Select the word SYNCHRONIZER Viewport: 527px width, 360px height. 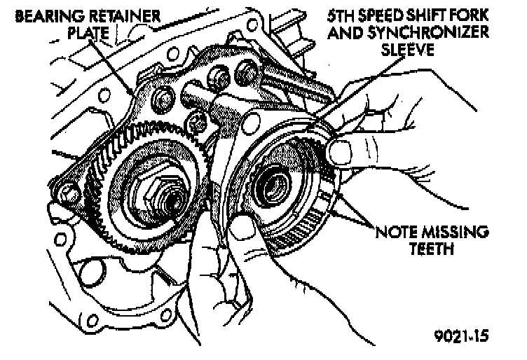coord(443,32)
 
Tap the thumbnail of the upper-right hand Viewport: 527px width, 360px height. coord(341,150)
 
